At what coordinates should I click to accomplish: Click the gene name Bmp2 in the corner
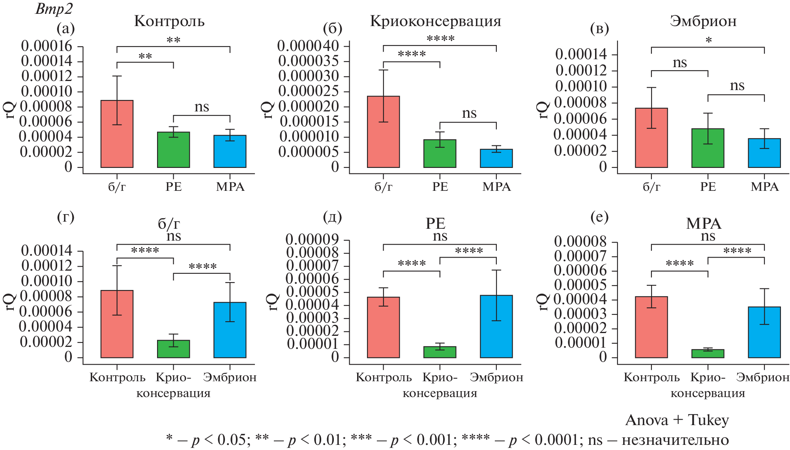(x=49, y=9)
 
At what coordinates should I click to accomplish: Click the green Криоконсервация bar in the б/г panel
(x=173, y=349)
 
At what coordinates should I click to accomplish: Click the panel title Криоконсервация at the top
(x=436, y=21)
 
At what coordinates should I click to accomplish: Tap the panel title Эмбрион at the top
(x=703, y=21)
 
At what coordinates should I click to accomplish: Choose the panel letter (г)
(x=66, y=217)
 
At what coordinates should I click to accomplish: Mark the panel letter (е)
(x=599, y=217)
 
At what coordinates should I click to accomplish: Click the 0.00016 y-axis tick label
(x=47, y=46)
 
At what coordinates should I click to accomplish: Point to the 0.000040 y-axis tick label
(x=308, y=46)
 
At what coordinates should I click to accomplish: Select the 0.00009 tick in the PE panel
(x=312, y=239)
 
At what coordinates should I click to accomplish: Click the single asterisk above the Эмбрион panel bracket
(x=709, y=40)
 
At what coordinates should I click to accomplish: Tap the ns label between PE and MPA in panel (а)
(x=202, y=107)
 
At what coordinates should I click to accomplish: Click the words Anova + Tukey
(x=677, y=420)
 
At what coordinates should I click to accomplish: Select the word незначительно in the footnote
(x=675, y=439)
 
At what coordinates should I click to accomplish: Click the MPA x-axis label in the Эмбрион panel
(x=764, y=186)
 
